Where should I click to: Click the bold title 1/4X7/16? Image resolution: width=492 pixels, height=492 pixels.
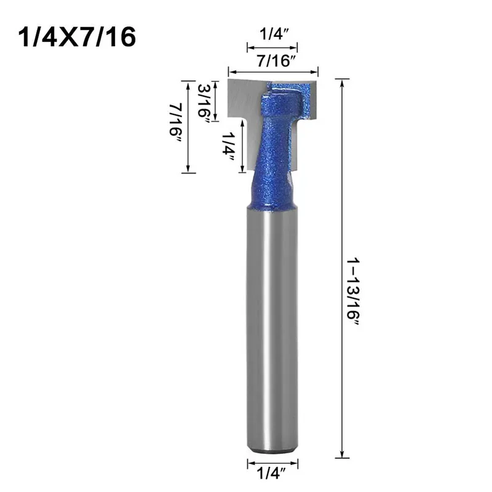(77, 37)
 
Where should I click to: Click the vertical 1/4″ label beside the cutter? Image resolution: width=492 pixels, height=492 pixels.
(228, 146)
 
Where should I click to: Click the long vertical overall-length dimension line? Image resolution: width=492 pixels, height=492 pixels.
(342, 268)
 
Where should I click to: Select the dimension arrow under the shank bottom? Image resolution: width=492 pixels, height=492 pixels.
(272, 463)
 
